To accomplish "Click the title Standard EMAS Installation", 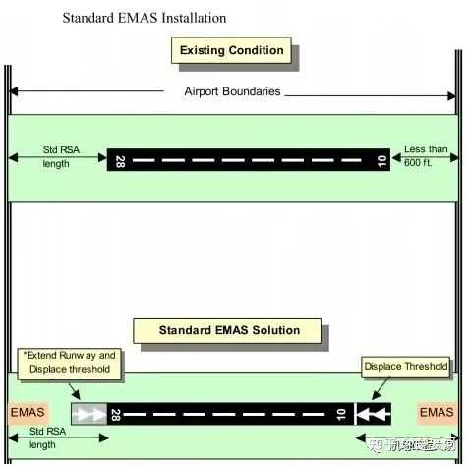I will point(144,18).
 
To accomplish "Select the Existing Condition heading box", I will point(231,50).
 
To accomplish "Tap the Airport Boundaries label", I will point(232,91).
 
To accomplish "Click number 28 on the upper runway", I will point(120,160).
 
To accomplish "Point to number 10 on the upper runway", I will point(382,160).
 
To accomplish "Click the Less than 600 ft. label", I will point(425,156).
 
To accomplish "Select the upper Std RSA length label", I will point(56,156).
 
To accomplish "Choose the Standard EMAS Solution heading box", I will point(229,330).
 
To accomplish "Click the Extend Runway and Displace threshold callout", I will point(68,362).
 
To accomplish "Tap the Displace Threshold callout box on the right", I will point(405,367).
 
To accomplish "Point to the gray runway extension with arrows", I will point(89,414).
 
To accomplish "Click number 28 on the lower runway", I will point(117,414).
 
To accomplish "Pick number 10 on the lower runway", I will point(339,414).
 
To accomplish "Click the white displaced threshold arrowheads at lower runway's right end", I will point(374,414).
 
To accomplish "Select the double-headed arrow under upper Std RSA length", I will point(56,157).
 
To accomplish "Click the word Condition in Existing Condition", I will point(260,50).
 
